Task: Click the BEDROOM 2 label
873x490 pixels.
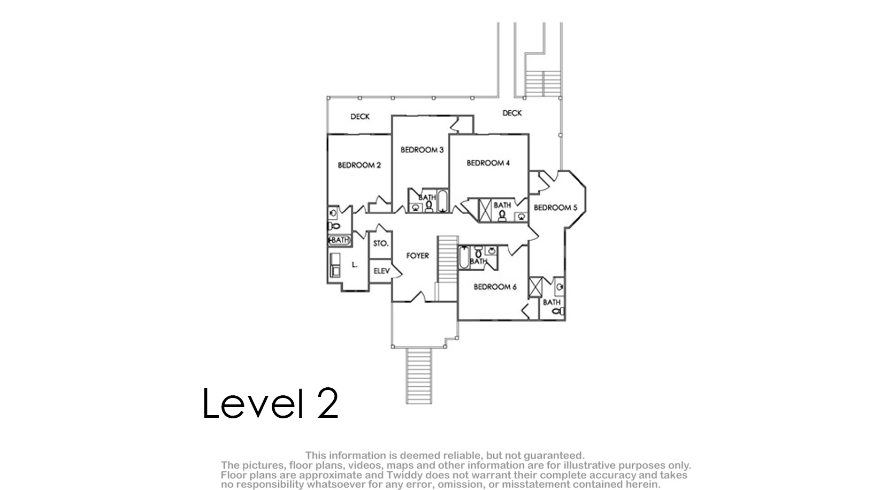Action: pos(359,165)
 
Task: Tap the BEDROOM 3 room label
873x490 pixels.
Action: pos(422,150)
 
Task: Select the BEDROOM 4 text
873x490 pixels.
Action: pos(488,163)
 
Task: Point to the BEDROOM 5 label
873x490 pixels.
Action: pos(555,208)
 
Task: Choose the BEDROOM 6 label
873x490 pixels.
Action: pos(495,287)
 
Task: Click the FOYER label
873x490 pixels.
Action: pos(417,256)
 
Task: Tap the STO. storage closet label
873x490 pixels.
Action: pos(381,243)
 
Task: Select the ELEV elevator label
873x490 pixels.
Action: pos(381,271)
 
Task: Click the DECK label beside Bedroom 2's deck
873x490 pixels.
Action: pos(359,117)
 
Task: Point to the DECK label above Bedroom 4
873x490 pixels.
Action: pos(512,113)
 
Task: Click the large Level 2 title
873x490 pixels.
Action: pos(270,403)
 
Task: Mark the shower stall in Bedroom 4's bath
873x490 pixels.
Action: pos(485,210)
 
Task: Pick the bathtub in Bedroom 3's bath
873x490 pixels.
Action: pos(442,201)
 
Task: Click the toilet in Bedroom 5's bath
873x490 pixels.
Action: pos(559,311)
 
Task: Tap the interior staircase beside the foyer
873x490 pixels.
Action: pos(447,259)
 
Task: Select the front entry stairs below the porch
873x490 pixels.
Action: pos(418,376)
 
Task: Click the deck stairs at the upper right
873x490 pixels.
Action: pos(542,83)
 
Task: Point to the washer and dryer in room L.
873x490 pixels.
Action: pos(335,265)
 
